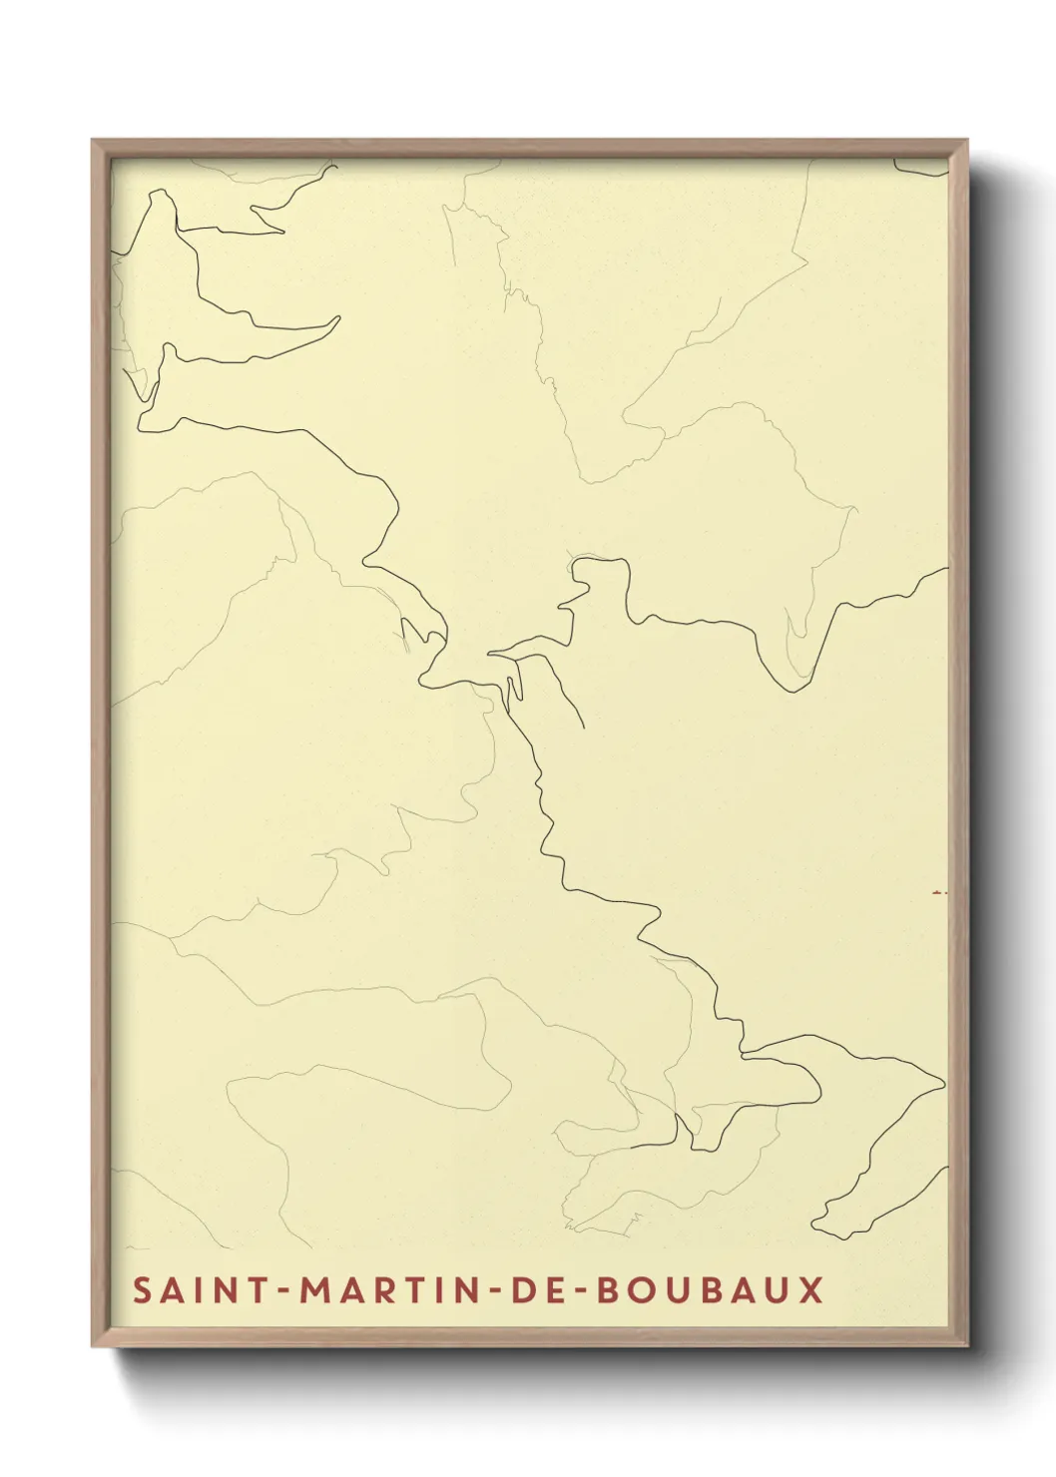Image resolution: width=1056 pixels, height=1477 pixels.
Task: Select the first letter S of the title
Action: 143,1289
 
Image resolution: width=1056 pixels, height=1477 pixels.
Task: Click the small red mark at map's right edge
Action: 938,891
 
